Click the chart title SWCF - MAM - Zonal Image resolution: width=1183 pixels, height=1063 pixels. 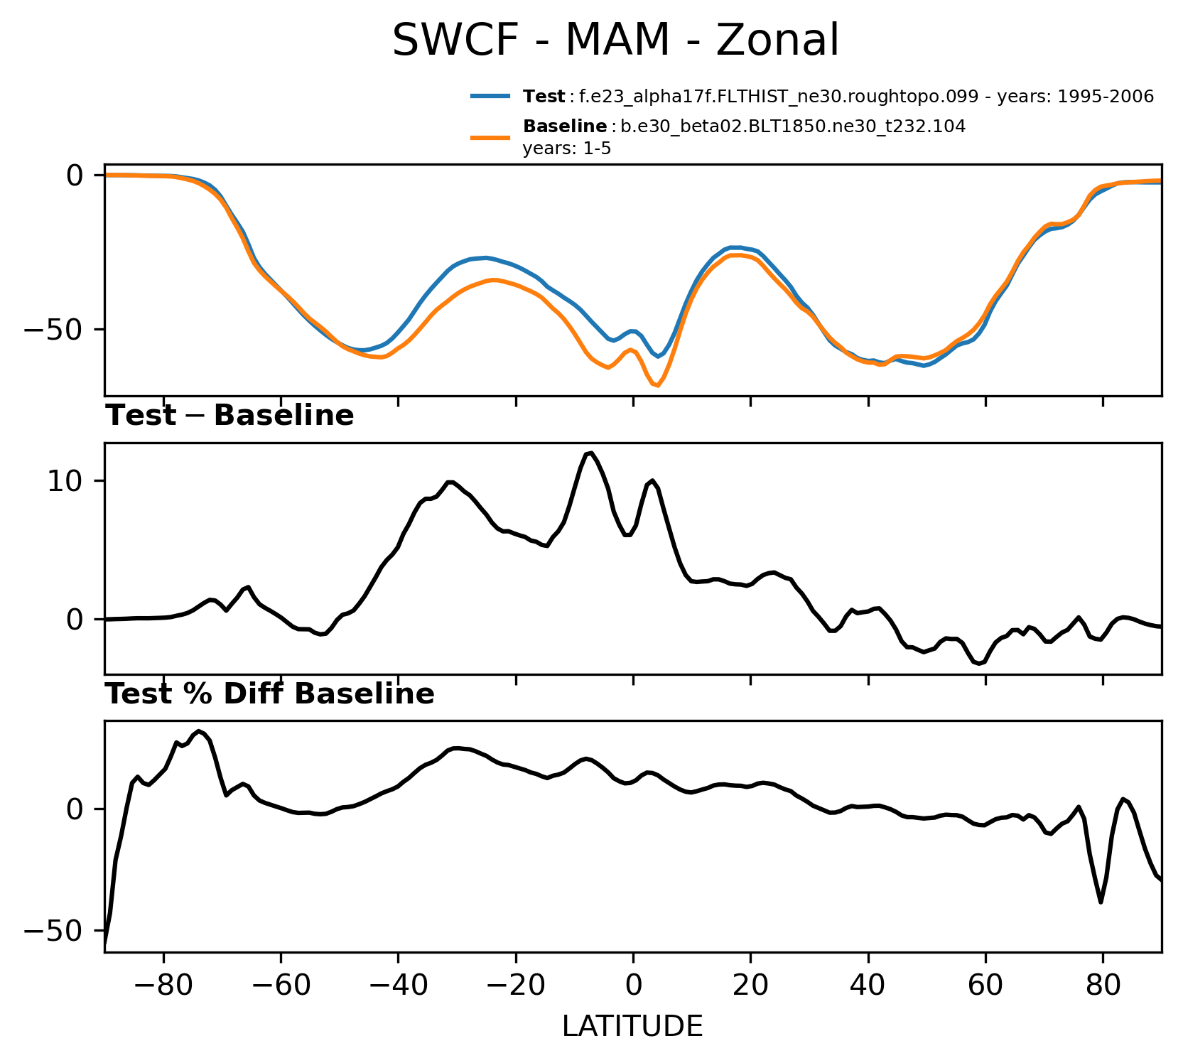coord(615,41)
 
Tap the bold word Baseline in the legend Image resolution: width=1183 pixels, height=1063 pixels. coord(565,127)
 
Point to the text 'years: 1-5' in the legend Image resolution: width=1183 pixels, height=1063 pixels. coord(566,149)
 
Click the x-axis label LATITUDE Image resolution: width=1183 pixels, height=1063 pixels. coord(632,1027)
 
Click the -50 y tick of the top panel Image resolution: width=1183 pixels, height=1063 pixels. coord(53,330)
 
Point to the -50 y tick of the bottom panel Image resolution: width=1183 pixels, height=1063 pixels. coord(53,931)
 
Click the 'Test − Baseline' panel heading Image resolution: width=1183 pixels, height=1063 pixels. coord(229,416)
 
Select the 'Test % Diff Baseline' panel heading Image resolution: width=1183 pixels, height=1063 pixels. coord(270,694)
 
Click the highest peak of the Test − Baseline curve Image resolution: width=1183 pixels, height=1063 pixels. coord(590,453)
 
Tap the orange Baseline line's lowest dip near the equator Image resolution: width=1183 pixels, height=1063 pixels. coord(657,386)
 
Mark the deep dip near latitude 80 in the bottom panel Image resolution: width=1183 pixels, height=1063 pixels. coord(1101,902)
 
